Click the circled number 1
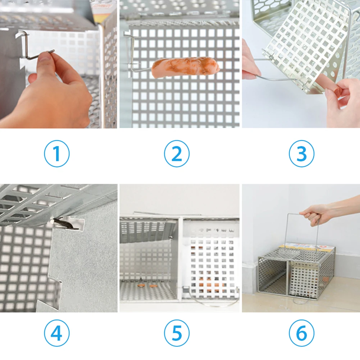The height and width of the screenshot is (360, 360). [x=57, y=153]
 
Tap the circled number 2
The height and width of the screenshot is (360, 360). [x=177, y=153]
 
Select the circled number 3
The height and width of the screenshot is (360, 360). [x=301, y=153]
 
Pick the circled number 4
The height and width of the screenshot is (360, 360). [x=57, y=333]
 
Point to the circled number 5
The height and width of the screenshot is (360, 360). [x=177, y=333]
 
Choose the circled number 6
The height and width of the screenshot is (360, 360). [x=301, y=333]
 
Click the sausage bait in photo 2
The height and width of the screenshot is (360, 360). [x=184, y=67]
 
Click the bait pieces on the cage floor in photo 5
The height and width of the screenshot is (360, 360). [x=146, y=286]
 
